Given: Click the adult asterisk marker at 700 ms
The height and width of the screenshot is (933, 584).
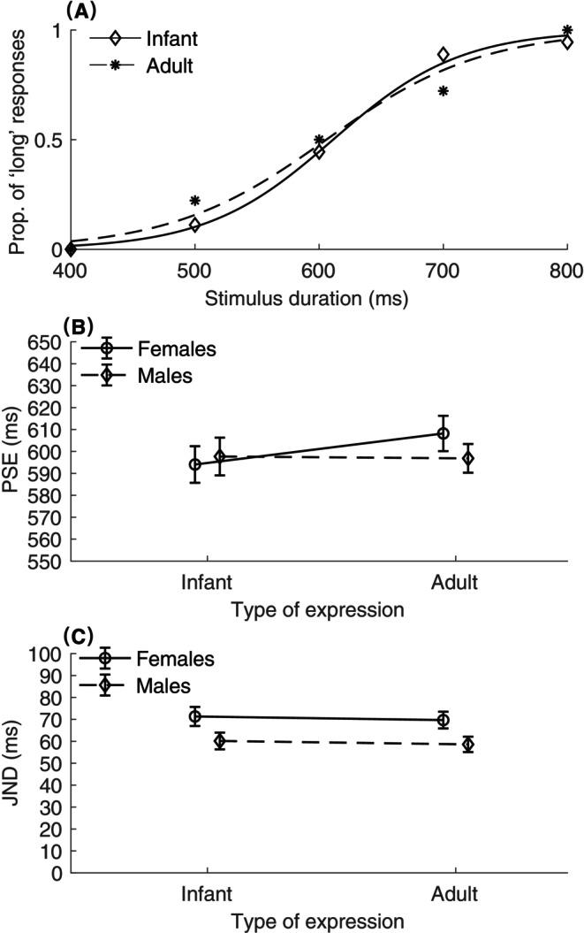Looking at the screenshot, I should [443, 91].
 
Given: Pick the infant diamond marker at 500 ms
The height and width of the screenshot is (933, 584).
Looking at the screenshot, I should [194, 226].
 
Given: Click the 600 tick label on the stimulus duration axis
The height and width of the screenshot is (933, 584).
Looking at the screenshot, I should [318, 271].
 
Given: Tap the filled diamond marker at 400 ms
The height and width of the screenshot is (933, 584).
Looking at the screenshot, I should [71, 249].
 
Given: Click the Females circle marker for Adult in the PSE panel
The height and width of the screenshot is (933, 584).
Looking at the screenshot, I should [443, 433].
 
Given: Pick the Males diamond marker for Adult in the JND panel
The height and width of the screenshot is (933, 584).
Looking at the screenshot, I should [467, 745].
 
